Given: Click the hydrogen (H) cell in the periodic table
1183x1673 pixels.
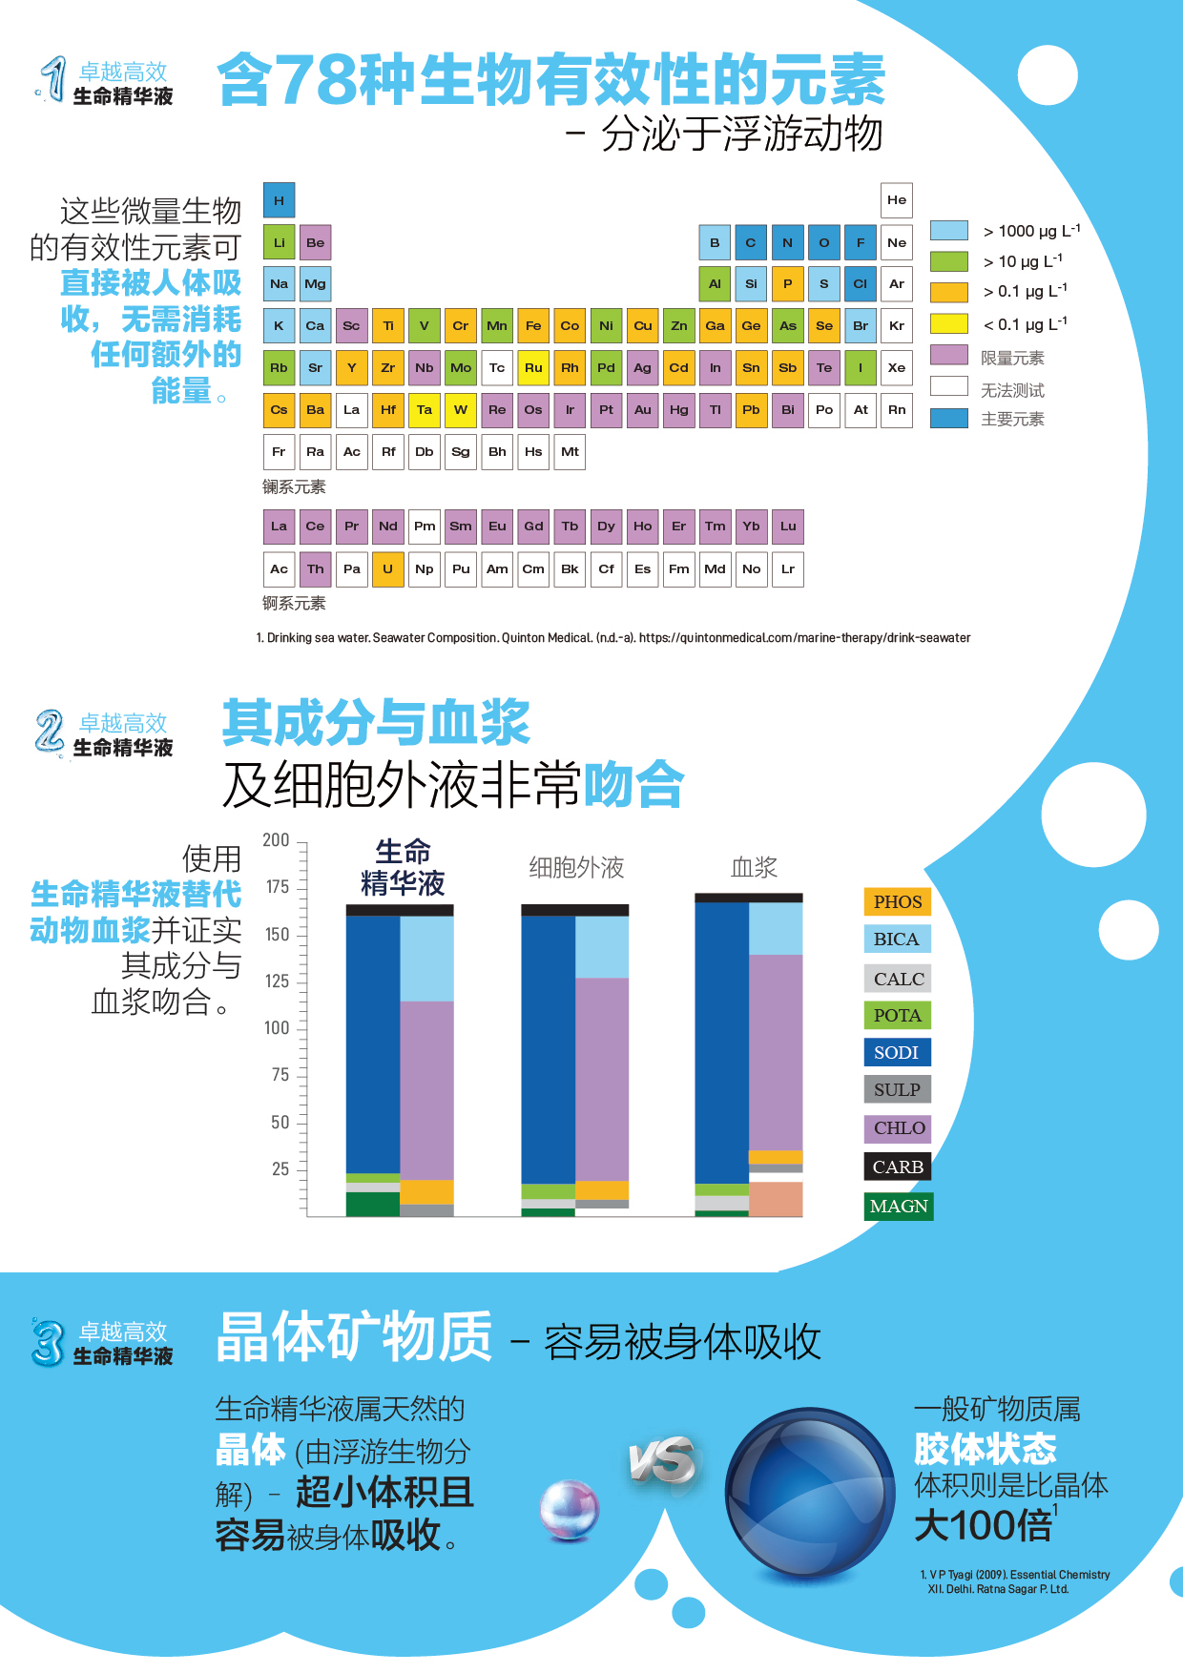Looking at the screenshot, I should pyautogui.click(x=279, y=200).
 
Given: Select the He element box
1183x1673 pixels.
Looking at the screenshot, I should pyautogui.click(x=897, y=200).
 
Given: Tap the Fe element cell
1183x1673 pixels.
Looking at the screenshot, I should pyautogui.click(x=533, y=325).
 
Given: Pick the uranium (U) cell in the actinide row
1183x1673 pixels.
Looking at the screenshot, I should pyautogui.click(x=387, y=569).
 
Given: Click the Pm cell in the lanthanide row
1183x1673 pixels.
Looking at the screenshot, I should pyautogui.click(x=425, y=527).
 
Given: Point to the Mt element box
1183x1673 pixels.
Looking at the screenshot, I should pyautogui.click(x=570, y=452).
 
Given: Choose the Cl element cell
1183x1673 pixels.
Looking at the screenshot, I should pyautogui.click(x=861, y=283).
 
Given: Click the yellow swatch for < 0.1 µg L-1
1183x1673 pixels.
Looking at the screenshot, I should pyautogui.click(x=948, y=324).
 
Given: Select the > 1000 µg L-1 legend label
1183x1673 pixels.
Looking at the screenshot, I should pyautogui.click(x=1031, y=231).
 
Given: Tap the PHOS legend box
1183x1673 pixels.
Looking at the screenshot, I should pyautogui.click(x=897, y=901).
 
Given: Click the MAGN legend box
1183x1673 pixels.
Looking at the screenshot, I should pyautogui.click(x=898, y=1207).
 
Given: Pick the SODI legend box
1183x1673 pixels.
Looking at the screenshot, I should pyautogui.click(x=896, y=1052).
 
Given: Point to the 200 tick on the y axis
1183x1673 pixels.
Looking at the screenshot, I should pyautogui.click(x=276, y=840).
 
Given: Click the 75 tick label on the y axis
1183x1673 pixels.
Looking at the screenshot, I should pyautogui.click(x=280, y=1075).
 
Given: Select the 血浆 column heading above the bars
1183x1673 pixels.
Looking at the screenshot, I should pyautogui.click(x=754, y=867).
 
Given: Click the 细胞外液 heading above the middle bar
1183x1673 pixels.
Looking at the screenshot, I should pyautogui.click(x=576, y=867).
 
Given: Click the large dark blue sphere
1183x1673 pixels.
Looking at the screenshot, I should pyautogui.click(x=810, y=1493).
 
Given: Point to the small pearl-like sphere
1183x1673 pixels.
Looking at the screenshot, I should pyautogui.click(x=569, y=1510).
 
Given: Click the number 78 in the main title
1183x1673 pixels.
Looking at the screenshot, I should pyautogui.click(x=316, y=80).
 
